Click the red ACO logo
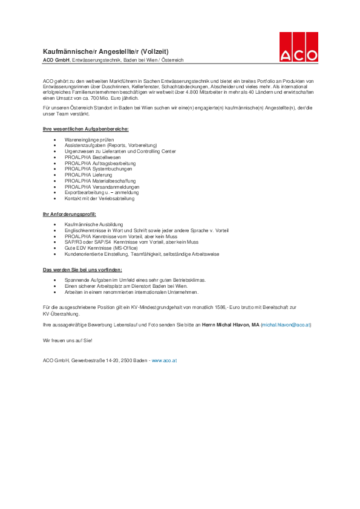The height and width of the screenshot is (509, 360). pos(298,47)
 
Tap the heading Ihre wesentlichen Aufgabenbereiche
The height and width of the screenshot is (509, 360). pos(85,129)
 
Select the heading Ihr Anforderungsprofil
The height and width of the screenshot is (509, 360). pos(70,214)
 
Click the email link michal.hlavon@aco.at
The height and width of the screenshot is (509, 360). pos(285,325)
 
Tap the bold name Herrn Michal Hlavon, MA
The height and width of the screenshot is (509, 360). pos(230,325)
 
